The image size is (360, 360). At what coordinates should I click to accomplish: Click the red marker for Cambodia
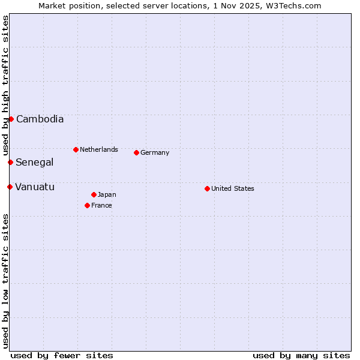click(11, 119)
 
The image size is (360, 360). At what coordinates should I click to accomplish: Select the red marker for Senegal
click(10, 162)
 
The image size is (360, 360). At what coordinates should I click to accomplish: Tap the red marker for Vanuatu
click(10, 187)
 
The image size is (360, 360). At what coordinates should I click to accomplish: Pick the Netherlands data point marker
click(76, 149)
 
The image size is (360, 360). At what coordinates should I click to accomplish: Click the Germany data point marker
click(136, 152)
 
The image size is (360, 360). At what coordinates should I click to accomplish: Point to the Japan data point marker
click(94, 194)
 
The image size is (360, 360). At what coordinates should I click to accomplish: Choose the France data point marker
click(87, 205)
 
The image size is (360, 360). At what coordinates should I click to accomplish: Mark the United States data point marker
click(207, 188)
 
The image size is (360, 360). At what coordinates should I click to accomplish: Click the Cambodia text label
click(40, 119)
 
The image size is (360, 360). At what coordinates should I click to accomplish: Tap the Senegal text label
click(34, 162)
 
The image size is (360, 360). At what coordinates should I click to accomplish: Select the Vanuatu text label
click(35, 187)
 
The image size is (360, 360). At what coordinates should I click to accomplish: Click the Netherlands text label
click(99, 149)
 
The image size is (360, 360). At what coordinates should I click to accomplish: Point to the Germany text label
click(155, 152)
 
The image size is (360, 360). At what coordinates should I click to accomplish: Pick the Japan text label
click(107, 194)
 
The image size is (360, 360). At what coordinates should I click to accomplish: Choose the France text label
click(101, 205)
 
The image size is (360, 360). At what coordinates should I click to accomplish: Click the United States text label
click(233, 188)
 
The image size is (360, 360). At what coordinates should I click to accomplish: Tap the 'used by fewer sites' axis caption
click(62, 355)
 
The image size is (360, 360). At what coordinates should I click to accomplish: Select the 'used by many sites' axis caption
click(301, 355)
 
